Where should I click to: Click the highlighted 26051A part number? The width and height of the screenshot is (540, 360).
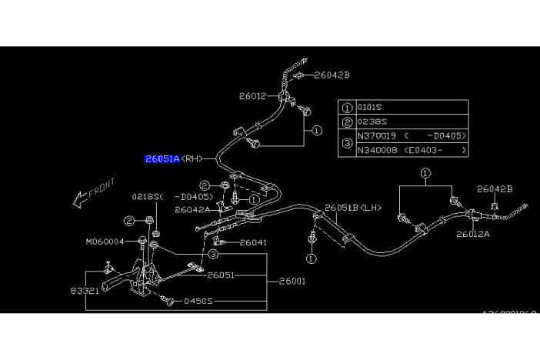(162, 159)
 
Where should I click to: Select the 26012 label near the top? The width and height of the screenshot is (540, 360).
(252, 96)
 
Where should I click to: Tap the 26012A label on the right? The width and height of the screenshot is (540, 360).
(472, 234)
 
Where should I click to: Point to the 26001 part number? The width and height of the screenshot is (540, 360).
(292, 281)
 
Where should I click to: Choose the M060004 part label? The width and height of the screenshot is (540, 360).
(105, 242)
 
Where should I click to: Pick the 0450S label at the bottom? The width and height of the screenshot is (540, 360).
(197, 302)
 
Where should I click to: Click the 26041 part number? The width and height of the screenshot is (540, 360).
(252, 242)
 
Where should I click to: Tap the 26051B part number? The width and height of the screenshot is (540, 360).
(342, 208)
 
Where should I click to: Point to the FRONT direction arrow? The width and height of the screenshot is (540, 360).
(93, 193)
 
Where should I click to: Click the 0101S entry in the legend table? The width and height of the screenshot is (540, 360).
(369, 108)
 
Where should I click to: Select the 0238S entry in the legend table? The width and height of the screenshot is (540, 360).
(369, 122)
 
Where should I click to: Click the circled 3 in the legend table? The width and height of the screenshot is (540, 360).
(346, 143)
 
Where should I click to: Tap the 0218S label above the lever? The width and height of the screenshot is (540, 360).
(147, 197)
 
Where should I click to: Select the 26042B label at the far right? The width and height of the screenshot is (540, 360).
(495, 189)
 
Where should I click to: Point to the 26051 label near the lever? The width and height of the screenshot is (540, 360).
(220, 275)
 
